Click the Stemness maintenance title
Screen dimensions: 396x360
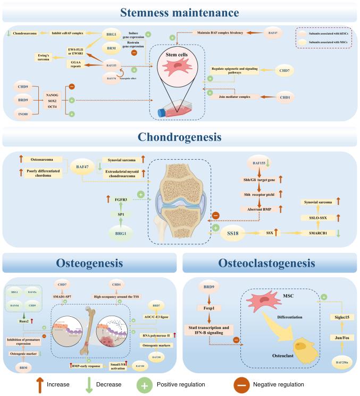(x=180, y=12)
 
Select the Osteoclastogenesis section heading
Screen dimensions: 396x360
(x=270, y=263)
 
